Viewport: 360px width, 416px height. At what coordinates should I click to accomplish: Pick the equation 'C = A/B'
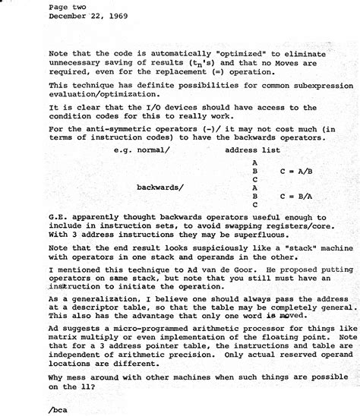point(296,172)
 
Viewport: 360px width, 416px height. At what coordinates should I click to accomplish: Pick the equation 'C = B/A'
point(296,195)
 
